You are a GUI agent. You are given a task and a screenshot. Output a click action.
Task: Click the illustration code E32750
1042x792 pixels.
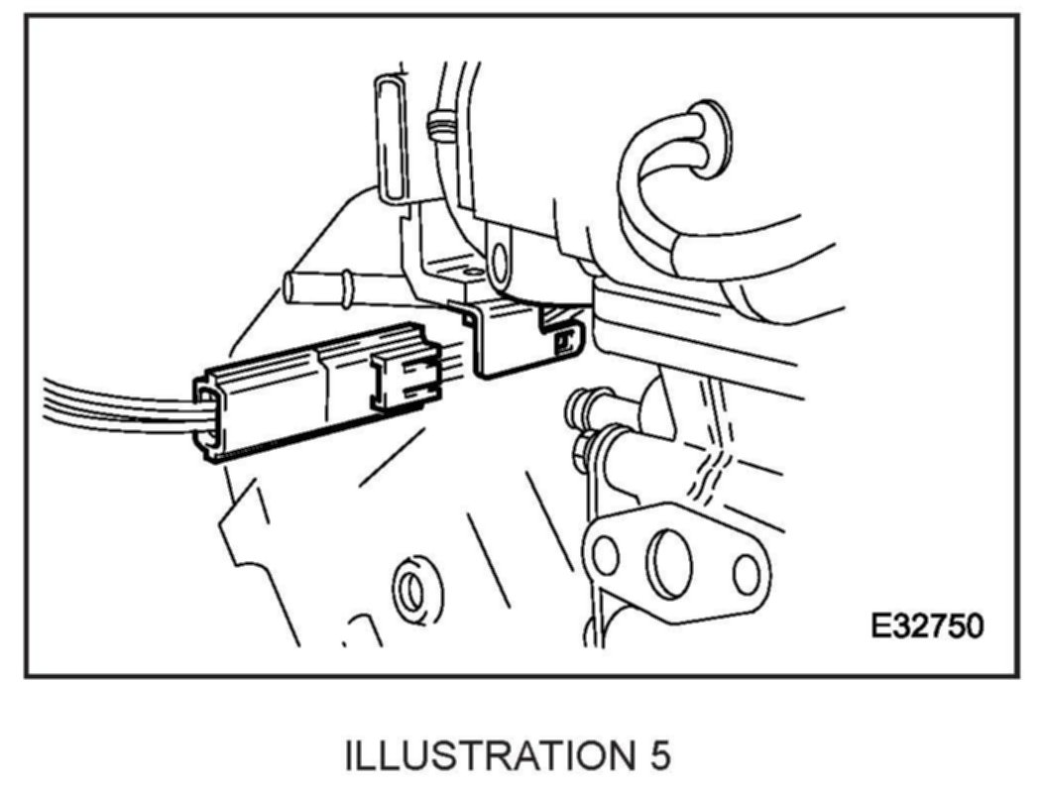927,626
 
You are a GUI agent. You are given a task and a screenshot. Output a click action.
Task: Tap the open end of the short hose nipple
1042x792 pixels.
290,287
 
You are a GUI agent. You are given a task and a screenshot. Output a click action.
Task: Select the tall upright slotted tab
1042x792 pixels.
391,139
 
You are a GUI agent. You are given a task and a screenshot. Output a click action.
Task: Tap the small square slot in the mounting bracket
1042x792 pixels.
565,341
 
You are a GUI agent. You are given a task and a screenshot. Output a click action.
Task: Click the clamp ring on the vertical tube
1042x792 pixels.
436,126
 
